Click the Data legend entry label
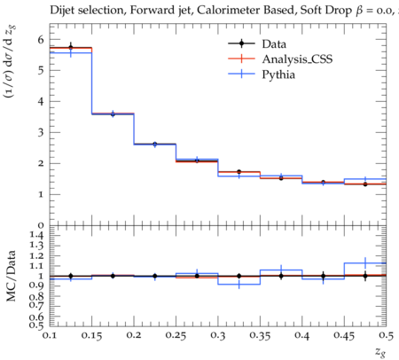click(274, 44)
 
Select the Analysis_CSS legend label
click(297, 59)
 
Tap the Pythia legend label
click(278, 74)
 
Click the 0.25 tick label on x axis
click(176, 336)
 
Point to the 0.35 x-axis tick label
click(260, 336)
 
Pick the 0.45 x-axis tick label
click(344, 336)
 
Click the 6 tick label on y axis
click(41, 39)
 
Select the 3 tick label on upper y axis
click(41, 132)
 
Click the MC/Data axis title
click(12, 276)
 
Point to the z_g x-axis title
click(380, 351)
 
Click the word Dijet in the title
click(63, 11)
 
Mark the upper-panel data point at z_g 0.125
click(71, 47)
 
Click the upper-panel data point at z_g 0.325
click(239, 172)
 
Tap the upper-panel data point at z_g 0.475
click(365, 184)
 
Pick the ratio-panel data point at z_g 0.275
click(197, 276)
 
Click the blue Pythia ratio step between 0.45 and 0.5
click(365, 262)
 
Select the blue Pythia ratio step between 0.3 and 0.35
click(239, 285)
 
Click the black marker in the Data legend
click(241, 43)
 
